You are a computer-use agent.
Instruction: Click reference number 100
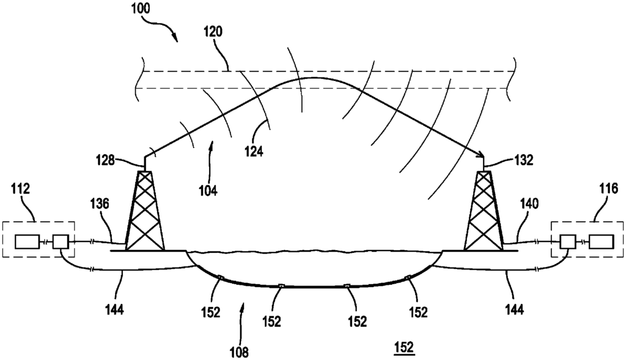(141, 9)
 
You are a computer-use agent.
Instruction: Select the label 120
(213, 32)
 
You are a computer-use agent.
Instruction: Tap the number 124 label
(254, 152)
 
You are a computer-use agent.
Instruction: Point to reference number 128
(105, 161)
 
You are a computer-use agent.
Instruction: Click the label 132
(523, 161)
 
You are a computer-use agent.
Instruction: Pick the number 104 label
(208, 191)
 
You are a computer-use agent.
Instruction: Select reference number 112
(21, 189)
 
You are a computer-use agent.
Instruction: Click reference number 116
(608, 188)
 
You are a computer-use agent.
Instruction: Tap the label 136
(99, 204)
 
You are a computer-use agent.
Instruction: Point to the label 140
(529, 204)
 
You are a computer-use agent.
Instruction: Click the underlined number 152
(403, 347)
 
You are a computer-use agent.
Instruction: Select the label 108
(238, 352)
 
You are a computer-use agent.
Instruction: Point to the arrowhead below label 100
(174, 38)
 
